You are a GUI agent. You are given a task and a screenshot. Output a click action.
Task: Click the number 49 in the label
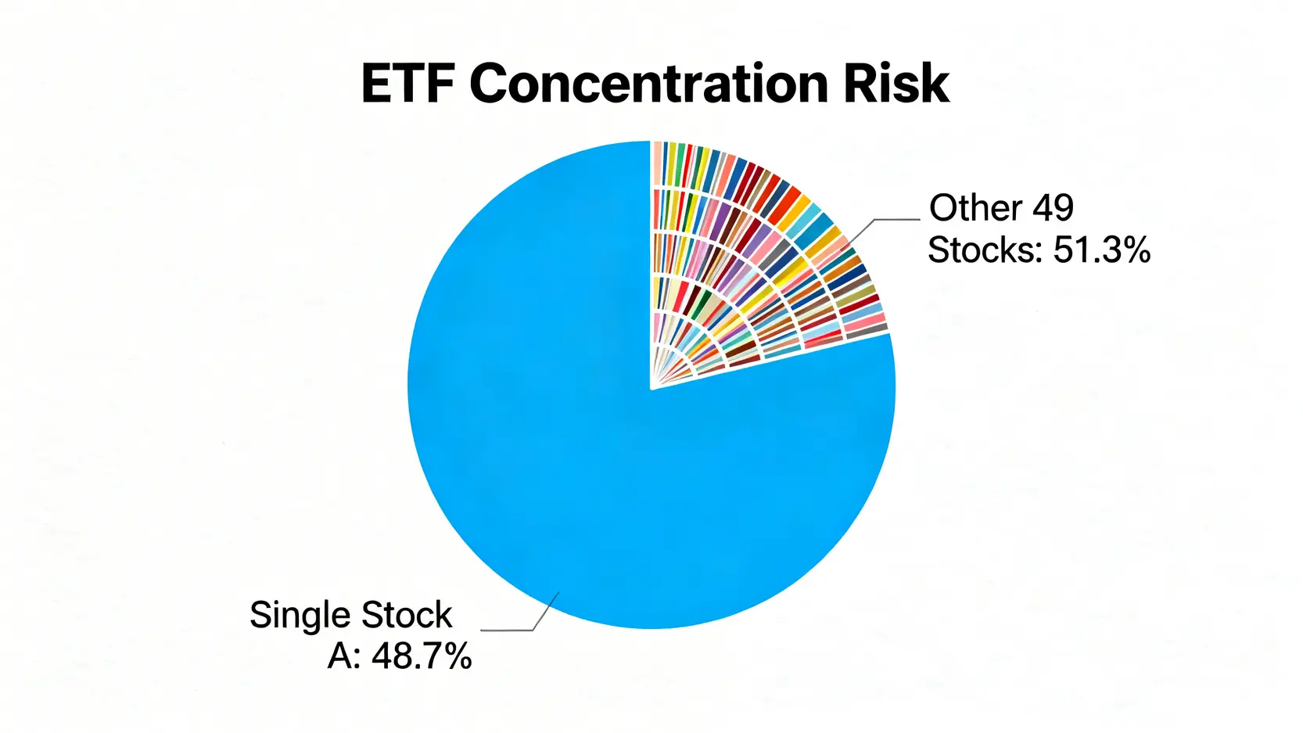1053,207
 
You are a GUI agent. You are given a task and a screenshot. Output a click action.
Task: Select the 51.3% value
1102,250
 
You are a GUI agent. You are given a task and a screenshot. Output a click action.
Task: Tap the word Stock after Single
407,614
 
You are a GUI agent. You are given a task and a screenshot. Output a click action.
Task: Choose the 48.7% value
422,656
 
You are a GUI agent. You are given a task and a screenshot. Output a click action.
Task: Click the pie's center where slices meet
651,387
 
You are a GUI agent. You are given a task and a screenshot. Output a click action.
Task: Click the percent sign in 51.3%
1135,250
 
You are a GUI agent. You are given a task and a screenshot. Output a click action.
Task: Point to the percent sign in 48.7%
456,656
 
